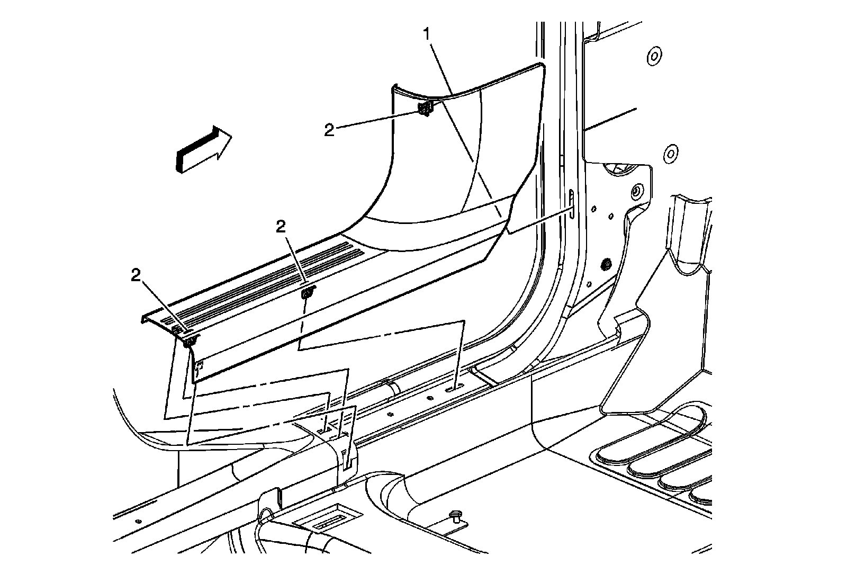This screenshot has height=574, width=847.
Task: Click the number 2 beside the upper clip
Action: pyautogui.click(x=329, y=130)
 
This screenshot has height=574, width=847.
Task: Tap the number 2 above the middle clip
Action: pyautogui.click(x=281, y=227)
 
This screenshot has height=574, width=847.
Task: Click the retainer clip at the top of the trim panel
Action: pyautogui.click(x=425, y=109)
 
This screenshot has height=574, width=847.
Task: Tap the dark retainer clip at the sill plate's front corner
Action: pyautogui.click(x=188, y=342)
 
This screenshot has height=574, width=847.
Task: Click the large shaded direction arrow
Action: pyautogui.click(x=204, y=150)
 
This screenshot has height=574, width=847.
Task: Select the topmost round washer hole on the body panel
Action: pyautogui.click(x=653, y=55)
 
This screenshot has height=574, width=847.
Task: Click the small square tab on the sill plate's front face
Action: pyautogui.click(x=200, y=365)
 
